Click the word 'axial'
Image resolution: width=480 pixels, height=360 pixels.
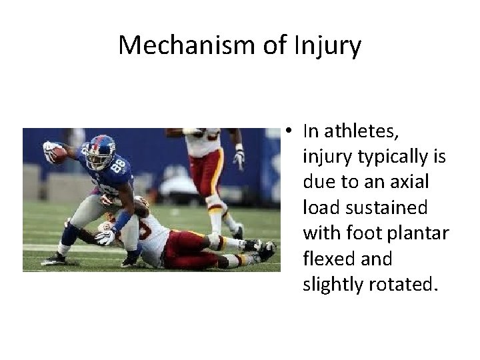(411, 182)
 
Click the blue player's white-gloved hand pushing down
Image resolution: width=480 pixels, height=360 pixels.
(106, 237)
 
